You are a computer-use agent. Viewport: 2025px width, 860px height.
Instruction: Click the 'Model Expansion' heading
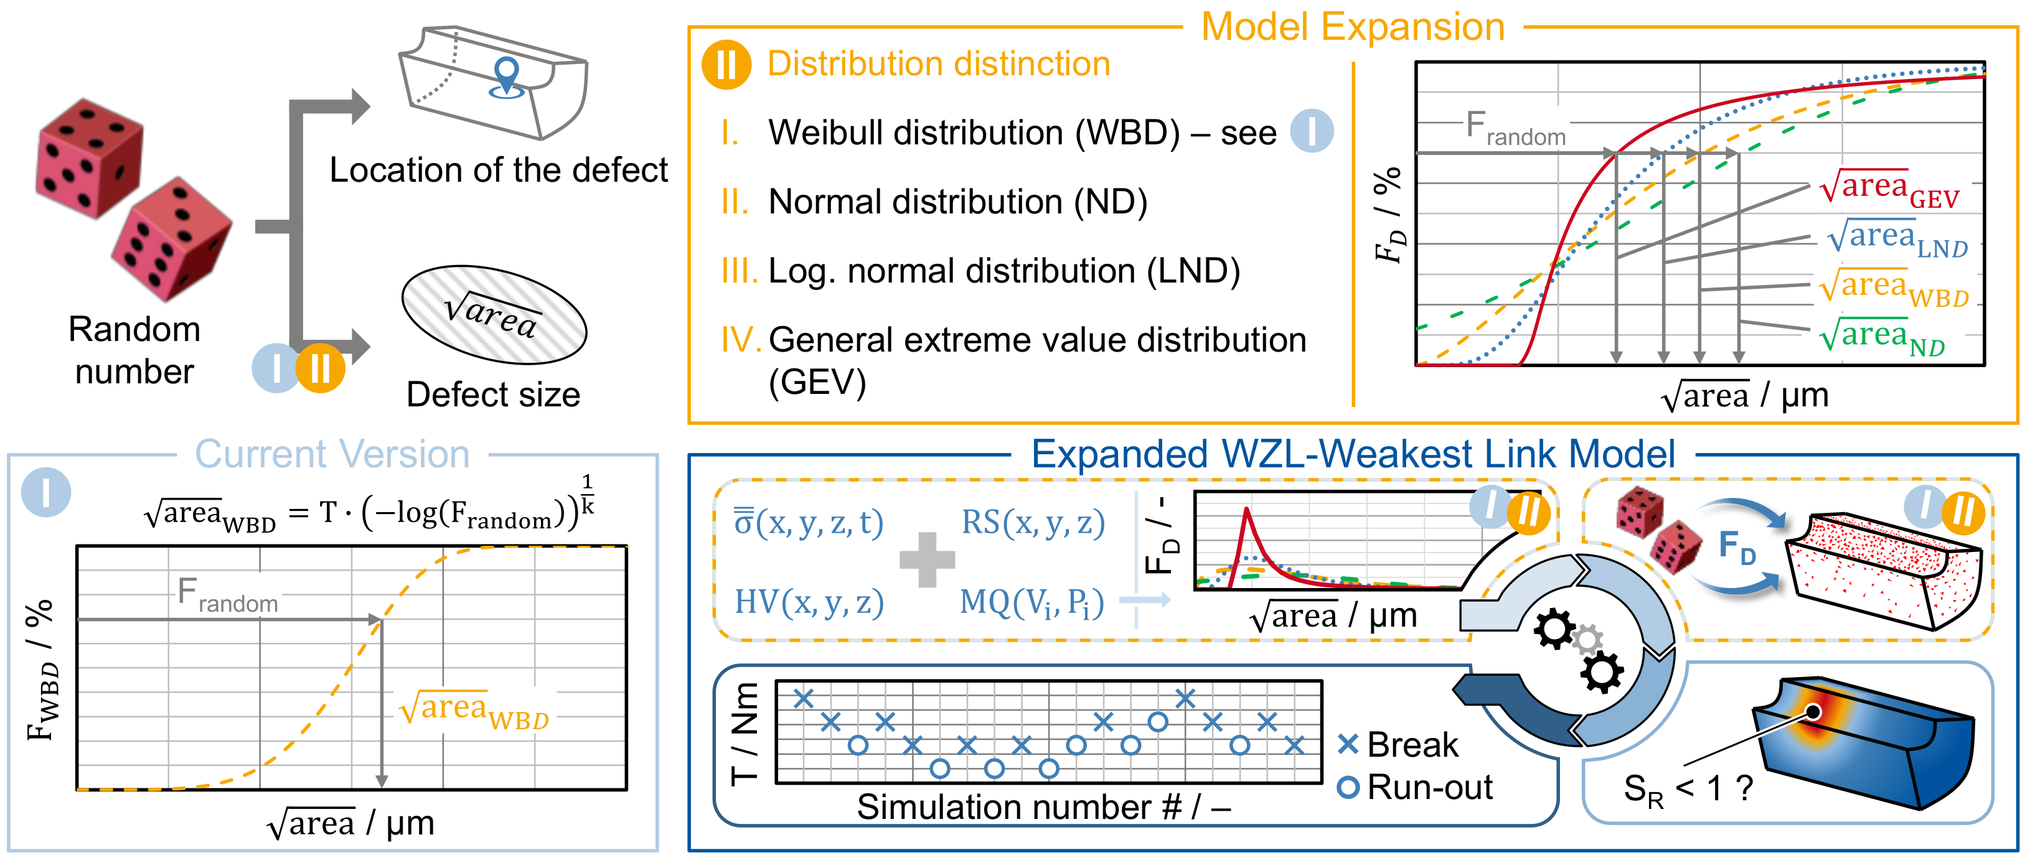[x=1352, y=27]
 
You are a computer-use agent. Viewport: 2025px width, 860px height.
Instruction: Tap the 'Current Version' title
[x=332, y=454]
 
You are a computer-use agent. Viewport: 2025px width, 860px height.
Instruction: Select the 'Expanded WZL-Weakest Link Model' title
[x=1352, y=454]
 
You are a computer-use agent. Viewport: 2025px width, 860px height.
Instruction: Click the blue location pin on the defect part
[x=507, y=75]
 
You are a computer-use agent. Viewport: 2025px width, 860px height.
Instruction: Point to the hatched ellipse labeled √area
[x=494, y=314]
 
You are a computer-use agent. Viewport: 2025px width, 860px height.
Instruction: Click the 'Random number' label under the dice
[x=134, y=350]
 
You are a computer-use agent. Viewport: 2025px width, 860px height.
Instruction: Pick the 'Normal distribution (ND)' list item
[x=957, y=202]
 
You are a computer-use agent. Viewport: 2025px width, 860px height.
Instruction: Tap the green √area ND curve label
[x=1882, y=339]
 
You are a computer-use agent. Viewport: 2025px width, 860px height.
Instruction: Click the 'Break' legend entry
[x=1399, y=744]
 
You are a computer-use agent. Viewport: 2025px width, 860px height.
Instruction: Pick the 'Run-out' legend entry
[x=1415, y=787]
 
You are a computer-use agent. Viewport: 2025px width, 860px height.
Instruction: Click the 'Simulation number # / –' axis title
[x=1043, y=806]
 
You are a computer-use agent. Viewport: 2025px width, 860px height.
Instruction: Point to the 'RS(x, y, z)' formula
[x=1032, y=523]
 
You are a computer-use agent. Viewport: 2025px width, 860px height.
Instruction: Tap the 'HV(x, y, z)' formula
[x=809, y=603]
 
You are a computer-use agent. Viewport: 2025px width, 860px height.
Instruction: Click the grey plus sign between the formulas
[x=927, y=559]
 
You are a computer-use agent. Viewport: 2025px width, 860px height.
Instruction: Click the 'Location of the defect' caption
[x=499, y=170]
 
